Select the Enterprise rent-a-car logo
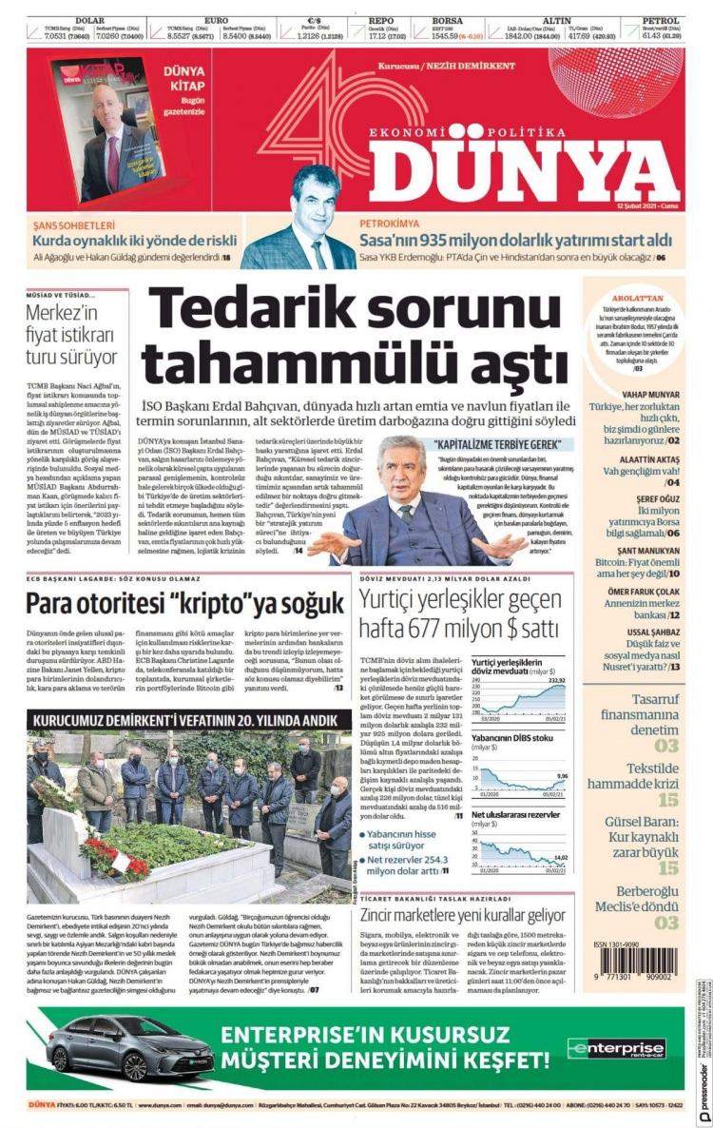point(603,1049)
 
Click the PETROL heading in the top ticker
point(660,20)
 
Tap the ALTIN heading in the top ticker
point(556,20)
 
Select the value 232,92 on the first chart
point(556,680)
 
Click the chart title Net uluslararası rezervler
point(515,815)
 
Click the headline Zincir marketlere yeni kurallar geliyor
point(463,915)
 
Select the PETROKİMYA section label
point(390,225)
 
